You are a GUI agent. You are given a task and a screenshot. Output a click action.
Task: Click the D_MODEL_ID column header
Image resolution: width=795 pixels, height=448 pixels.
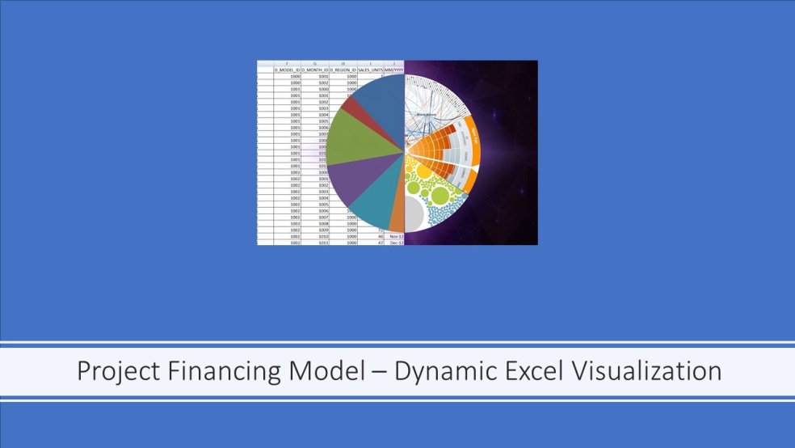point(288,70)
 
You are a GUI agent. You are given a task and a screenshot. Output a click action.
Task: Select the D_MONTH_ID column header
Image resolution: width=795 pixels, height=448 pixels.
point(315,70)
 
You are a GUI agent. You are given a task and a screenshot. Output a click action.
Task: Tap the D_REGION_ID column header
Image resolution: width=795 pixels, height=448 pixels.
point(343,70)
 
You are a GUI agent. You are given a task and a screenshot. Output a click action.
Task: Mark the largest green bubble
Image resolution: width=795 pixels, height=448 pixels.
point(440,195)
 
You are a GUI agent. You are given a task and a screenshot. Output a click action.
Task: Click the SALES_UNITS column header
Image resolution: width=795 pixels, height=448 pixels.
point(370,70)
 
